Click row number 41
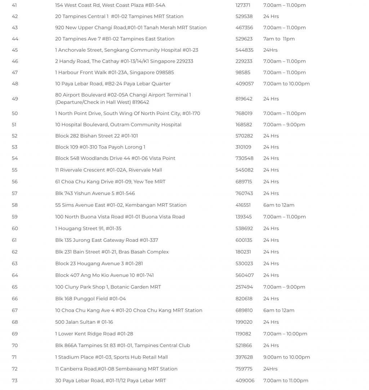(15, 5)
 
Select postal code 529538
(244, 16)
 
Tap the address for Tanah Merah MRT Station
(131, 27)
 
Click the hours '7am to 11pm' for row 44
(279, 39)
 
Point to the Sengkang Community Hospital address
(126, 50)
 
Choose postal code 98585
(243, 72)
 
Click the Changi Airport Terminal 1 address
(123, 98)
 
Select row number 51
(15, 124)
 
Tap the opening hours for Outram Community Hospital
(284, 124)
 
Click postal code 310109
(243, 147)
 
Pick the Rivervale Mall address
(108, 170)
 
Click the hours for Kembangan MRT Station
(279, 205)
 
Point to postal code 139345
(244, 217)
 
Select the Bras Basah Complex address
(112, 252)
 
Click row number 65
(15, 287)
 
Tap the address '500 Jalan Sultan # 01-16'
(84, 322)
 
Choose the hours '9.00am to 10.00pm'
(286, 357)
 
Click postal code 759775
(244, 369)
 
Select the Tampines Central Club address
(123, 345)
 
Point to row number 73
(15, 380)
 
